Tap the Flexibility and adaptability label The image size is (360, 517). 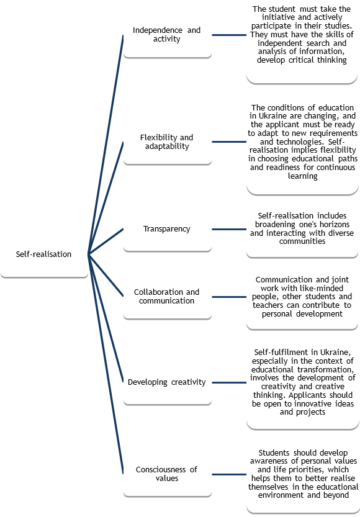click(167, 142)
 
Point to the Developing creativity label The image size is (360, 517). click(167, 382)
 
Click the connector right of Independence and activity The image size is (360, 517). click(229, 35)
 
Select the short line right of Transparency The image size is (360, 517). click(229, 229)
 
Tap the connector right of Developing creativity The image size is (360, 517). click(229, 382)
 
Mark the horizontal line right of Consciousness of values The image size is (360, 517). click(229, 474)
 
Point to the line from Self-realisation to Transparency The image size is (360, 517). click(106, 241)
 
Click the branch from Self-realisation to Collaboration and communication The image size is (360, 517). click(106, 275)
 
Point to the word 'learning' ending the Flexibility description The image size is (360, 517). click(303, 176)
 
